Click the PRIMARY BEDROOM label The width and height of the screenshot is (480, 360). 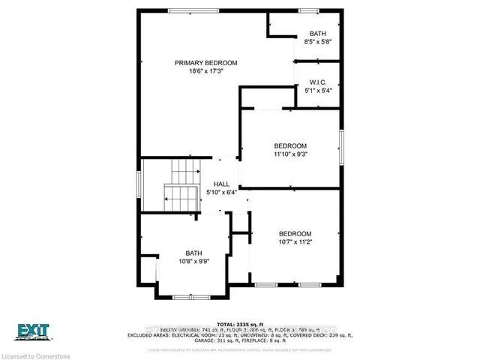[x=206, y=63]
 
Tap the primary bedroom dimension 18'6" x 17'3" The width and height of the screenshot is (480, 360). [x=206, y=73]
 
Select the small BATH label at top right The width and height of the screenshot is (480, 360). [x=318, y=34]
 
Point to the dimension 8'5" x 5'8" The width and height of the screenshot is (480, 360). [x=318, y=43]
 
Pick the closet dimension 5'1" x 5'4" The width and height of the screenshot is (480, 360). [x=318, y=91]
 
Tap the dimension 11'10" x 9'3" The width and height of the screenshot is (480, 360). [x=291, y=154]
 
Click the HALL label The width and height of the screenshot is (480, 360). [x=221, y=184]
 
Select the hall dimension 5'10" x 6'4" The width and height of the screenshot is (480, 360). [x=221, y=193]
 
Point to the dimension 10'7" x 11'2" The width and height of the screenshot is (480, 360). [x=294, y=242]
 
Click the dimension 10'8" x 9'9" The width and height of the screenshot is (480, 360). [x=194, y=262]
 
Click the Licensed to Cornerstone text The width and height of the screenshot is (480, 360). [x=37, y=353]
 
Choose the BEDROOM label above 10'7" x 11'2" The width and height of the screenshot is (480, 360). [x=294, y=232]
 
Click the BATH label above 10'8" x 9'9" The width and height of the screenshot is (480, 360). [x=194, y=253]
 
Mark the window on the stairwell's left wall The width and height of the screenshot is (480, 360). [x=138, y=184]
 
